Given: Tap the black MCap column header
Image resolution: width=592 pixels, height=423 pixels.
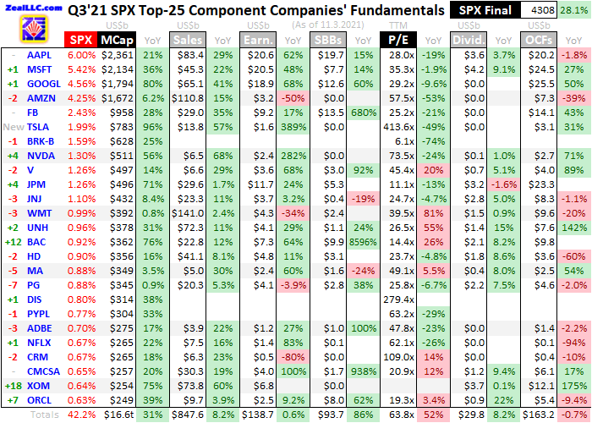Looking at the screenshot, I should point(115,39).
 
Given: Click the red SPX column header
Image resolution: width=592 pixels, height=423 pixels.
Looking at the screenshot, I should point(81,39).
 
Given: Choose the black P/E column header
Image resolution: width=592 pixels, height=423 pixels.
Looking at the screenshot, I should point(398,39).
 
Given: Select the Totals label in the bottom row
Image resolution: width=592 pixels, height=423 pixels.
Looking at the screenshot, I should point(45,415).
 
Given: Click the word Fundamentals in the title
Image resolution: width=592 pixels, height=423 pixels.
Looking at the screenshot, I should point(382,12).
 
